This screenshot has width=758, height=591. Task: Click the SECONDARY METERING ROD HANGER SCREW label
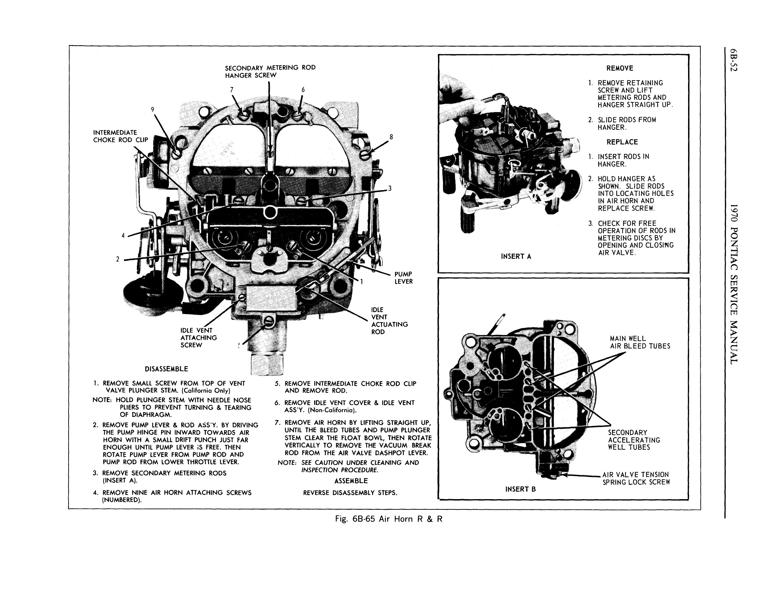pyautogui.click(x=270, y=72)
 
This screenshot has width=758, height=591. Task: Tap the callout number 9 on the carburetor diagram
pyautogui.click(x=152, y=110)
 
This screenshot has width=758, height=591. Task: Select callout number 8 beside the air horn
pyautogui.click(x=391, y=137)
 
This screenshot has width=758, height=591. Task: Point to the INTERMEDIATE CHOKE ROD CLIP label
pyautogui.click(x=120, y=136)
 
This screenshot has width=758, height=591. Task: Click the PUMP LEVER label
pyautogui.click(x=403, y=278)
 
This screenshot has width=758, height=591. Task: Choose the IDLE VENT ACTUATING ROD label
pyautogui.click(x=389, y=321)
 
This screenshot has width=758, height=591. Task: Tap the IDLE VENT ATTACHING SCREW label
pyautogui.click(x=198, y=338)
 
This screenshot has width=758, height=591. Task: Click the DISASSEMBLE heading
pyautogui.click(x=166, y=369)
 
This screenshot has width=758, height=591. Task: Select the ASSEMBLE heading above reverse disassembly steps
pyautogui.click(x=351, y=481)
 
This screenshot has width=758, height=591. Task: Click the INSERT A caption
pyautogui.click(x=516, y=256)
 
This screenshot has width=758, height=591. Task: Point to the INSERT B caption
pyautogui.click(x=520, y=489)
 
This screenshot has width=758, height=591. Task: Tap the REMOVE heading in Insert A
pyautogui.click(x=619, y=68)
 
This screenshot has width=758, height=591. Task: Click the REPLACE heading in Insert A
pyautogui.click(x=622, y=142)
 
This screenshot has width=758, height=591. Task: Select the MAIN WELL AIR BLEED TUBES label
pyautogui.click(x=640, y=342)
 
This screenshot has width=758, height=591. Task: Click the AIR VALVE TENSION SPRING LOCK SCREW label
pyautogui.click(x=636, y=478)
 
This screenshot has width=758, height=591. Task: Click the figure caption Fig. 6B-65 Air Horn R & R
pyautogui.click(x=389, y=519)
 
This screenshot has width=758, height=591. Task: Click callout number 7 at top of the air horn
pyautogui.click(x=232, y=90)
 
